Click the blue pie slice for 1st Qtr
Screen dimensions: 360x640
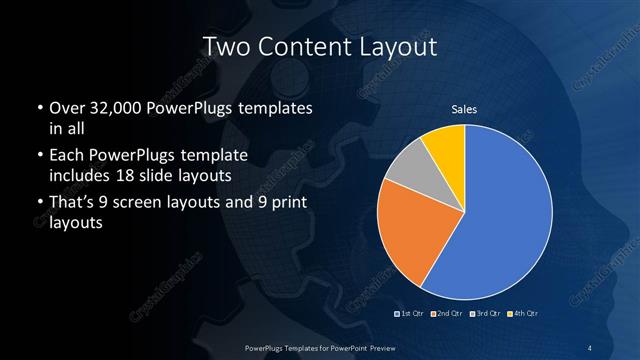click(500, 220)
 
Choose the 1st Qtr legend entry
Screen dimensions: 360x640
click(410, 315)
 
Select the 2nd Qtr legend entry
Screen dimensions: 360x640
click(446, 315)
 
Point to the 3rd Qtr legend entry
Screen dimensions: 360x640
click(484, 315)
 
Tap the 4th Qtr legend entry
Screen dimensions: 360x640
click(522, 315)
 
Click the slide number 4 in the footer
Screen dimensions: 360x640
click(592, 347)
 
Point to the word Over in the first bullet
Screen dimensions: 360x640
click(67, 108)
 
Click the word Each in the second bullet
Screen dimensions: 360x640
click(67, 156)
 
